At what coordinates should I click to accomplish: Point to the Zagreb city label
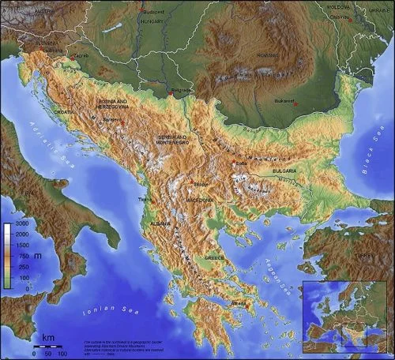[82, 56]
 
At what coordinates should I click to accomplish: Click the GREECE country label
[215, 257]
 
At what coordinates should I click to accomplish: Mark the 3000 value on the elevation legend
[21, 226]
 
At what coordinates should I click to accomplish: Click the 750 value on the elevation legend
[21, 257]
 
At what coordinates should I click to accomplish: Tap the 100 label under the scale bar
[62, 352]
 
